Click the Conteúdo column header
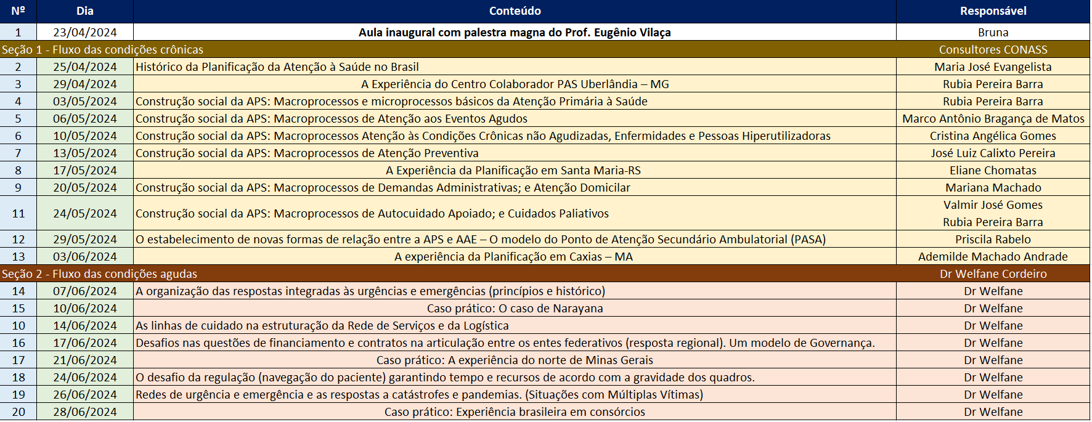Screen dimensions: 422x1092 pyautogui.click(x=515, y=11)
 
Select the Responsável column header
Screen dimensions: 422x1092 pyautogui.click(x=993, y=11)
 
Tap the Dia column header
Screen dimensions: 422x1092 pyautogui.click(x=85, y=11)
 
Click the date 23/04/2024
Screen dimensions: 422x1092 pyautogui.click(x=85, y=33)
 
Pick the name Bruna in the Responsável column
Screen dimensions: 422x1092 pyautogui.click(x=993, y=33)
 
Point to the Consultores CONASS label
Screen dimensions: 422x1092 pyautogui.click(x=993, y=50)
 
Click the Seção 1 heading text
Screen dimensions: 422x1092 pyautogui.click(x=102, y=50)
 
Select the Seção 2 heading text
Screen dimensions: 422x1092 pyautogui.click(x=99, y=274)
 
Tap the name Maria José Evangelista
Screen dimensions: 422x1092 pyautogui.click(x=993, y=67)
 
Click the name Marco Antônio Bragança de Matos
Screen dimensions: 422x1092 pyautogui.click(x=993, y=119)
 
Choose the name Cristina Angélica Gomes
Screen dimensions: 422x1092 pyautogui.click(x=993, y=136)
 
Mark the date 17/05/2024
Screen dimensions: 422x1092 pyautogui.click(x=85, y=171)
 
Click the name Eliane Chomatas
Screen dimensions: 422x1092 pyautogui.click(x=993, y=171)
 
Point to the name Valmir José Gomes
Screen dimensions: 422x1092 pyautogui.click(x=993, y=205)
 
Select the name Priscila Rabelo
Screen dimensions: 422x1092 pyautogui.click(x=993, y=240)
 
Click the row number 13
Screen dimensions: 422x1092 pyautogui.click(x=18, y=257)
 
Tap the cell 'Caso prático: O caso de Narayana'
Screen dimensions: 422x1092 pyautogui.click(x=515, y=309)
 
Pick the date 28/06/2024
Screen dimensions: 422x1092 pyautogui.click(x=85, y=412)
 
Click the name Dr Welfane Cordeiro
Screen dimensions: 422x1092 pyautogui.click(x=993, y=274)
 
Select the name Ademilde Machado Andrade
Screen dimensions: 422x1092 pyautogui.click(x=993, y=257)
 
